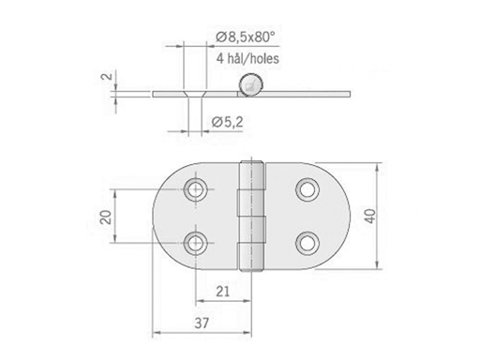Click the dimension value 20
click(106, 217)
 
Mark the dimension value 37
click(203, 324)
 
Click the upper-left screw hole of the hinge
click(195, 190)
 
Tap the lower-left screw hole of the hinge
click(195, 245)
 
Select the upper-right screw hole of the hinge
click(307, 190)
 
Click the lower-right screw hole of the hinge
click(307, 244)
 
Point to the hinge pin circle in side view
click(248, 89)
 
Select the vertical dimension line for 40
click(379, 217)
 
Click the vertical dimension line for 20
click(116, 217)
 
